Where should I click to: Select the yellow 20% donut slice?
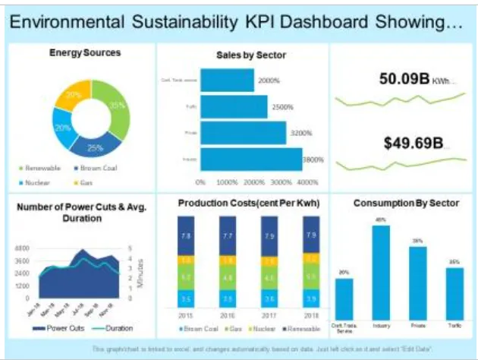tap(73, 96)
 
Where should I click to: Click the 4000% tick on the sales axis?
tap(307, 183)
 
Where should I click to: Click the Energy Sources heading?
tap(84, 53)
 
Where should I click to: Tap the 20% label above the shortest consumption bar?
tap(344, 272)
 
